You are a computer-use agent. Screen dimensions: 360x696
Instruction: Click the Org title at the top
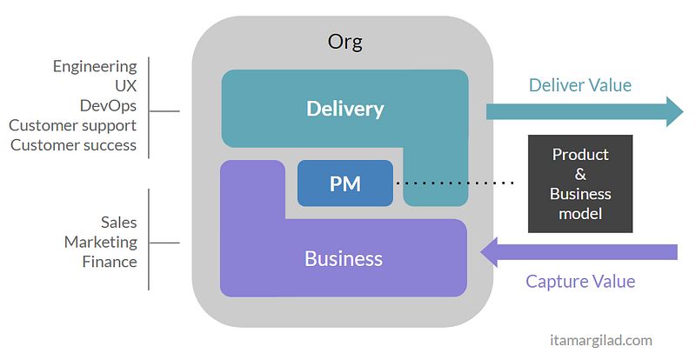(x=345, y=41)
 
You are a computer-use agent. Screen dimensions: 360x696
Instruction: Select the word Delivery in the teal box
(x=345, y=109)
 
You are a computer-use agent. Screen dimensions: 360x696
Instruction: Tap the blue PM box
(x=345, y=183)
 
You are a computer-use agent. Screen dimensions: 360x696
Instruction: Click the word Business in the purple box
(x=343, y=258)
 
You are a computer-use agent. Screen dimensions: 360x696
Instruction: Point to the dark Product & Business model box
(x=580, y=183)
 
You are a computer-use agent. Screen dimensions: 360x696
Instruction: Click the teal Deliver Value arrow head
(x=674, y=111)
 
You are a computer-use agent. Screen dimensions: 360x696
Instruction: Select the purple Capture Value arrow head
(x=492, y=252)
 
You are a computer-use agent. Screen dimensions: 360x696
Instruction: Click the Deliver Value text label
(x=579, y=85)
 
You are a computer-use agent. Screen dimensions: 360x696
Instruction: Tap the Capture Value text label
(x=580, y=281)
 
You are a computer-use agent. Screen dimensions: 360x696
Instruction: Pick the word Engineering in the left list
(x=95, y=66)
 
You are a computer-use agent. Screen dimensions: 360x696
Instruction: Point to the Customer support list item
(x=73, y=125)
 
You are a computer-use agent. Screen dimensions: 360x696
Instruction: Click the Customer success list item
(x=73, y=144)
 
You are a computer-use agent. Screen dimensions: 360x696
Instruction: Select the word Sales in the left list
(x=117, y=223)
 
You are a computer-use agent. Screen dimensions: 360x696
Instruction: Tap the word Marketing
(x=100, y=242)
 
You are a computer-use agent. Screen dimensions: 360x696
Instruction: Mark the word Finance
(x=110, y=261)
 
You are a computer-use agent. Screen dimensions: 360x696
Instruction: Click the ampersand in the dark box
(x=580, y=174)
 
